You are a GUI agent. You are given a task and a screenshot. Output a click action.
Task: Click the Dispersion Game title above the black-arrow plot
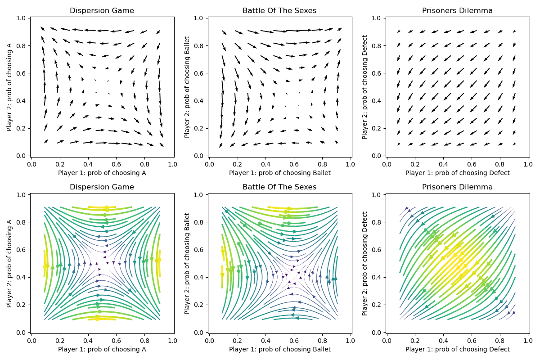pos(102,11)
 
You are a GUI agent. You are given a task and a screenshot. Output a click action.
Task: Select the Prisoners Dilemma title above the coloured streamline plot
pos(457,187)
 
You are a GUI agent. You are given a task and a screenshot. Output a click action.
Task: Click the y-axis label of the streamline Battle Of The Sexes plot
pos(187,263)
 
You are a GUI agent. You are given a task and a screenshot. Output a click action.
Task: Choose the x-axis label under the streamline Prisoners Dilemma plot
pos(457,349)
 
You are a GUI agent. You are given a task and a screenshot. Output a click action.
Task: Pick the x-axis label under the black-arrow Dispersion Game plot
pos(102,173)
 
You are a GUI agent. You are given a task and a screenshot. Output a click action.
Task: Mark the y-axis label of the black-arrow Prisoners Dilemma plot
pos(365,87)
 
